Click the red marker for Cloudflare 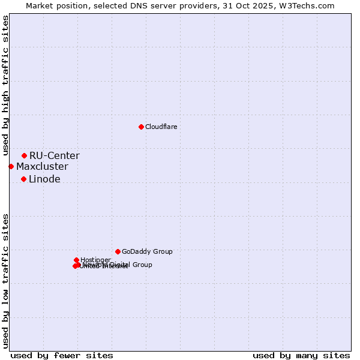pyautogui.click(x=141, y=127)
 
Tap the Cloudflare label pyautogui.click(x=161, y=127)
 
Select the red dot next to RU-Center pyautogui.click(x=24, y=155)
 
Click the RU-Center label pyautogui.click(x=54, y=156)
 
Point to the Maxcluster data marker pyautogui.click(x=11, y=166)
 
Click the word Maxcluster pyautogui.click(x=42, y=167)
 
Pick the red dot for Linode pyautogui.click(x=23, y=179)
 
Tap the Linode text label pyautogui.click(x=44, y=179)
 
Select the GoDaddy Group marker pyautogui.click(x=118, y=251)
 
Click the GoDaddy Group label pyautogui.click(x=147, y=252)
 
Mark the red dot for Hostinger pyautogui.click(x=76, y=260)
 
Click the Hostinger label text pyautogui.click(x=95, y=260)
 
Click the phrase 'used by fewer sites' pyautogui.click(x=62, y=355)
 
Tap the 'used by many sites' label pyautogui.click(x=301, y=355)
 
